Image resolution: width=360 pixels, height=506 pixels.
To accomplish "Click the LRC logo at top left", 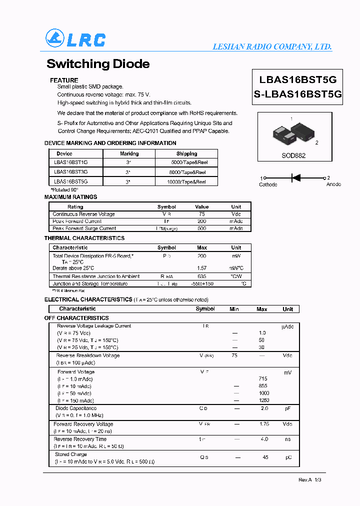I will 75,39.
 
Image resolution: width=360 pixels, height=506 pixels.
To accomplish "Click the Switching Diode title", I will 98,64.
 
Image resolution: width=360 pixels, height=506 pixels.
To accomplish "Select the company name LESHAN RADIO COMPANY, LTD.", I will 272,46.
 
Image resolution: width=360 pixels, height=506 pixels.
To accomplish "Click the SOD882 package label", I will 293,155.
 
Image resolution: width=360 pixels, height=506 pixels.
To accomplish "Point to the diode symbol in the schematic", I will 295,177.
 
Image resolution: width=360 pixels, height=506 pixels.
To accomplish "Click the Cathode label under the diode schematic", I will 268,184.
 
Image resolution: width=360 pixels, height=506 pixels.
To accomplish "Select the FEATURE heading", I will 64,80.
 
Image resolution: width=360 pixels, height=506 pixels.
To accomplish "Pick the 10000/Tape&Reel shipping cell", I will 186,182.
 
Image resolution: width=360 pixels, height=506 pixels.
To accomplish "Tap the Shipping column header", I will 186,153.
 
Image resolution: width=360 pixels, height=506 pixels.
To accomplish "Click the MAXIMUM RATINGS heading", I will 70,197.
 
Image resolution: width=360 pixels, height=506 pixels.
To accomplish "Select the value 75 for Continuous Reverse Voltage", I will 201,214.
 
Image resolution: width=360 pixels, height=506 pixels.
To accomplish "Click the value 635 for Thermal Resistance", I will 202,276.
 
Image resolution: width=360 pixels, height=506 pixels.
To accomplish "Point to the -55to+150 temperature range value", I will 202,283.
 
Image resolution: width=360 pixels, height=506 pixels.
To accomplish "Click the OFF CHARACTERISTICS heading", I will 76,318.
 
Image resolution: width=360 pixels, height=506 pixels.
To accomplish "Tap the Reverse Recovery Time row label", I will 80,439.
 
